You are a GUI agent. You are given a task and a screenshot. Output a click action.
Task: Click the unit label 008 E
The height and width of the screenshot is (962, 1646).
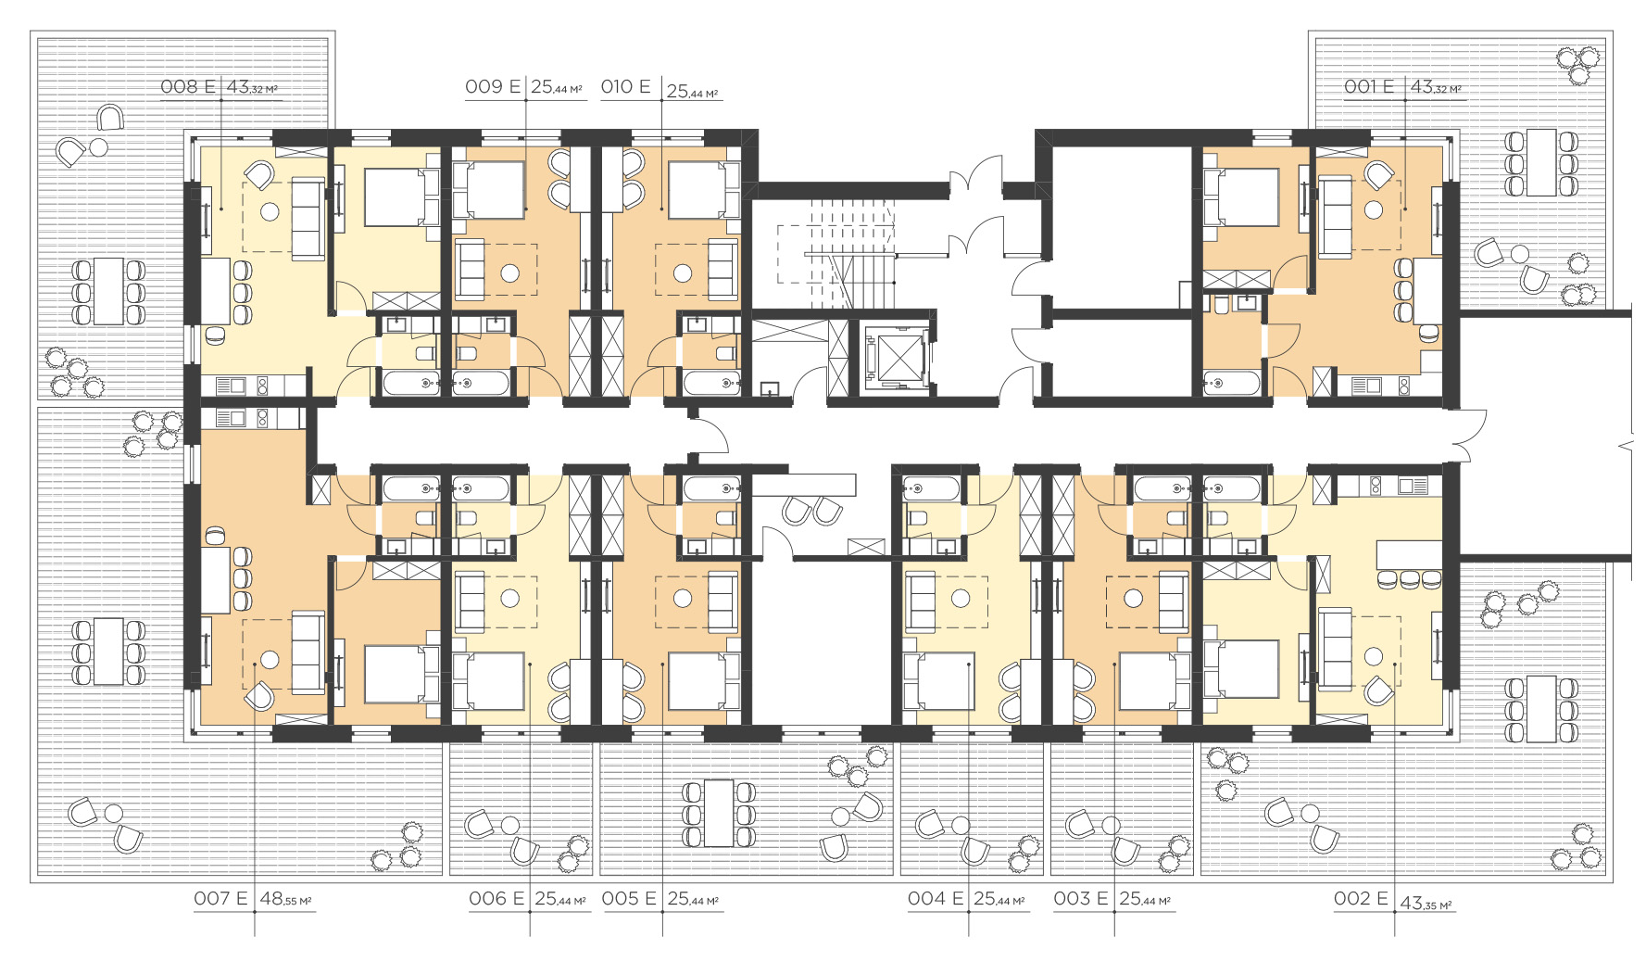[187, 87]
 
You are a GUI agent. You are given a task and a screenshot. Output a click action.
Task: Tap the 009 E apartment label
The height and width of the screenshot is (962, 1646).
[492, 87]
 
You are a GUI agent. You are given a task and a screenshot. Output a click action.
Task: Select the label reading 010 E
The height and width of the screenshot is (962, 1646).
[626, 87]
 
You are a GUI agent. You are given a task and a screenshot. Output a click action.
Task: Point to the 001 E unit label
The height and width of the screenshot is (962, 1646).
[1369, 87]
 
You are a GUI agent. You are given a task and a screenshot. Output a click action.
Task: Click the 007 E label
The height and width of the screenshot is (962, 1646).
[220, 898]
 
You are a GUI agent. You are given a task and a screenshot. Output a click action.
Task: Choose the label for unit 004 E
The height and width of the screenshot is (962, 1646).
[936, 898]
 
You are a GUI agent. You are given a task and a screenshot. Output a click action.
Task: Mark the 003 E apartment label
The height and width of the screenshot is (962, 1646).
[1081, 898]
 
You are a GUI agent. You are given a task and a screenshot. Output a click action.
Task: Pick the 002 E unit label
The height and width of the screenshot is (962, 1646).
[1361, 898]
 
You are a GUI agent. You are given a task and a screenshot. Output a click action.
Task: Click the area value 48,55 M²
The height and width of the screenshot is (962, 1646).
[285, 899]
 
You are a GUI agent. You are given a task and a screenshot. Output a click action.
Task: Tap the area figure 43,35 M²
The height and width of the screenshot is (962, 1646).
[1426, 903]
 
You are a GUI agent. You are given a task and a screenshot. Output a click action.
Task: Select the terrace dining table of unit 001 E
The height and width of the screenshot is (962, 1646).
[1541, 163]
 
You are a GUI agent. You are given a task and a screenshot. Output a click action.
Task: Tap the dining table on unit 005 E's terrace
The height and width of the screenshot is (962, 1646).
[719, 813]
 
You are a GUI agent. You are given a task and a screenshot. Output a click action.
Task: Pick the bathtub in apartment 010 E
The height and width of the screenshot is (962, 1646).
[711, 382]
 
